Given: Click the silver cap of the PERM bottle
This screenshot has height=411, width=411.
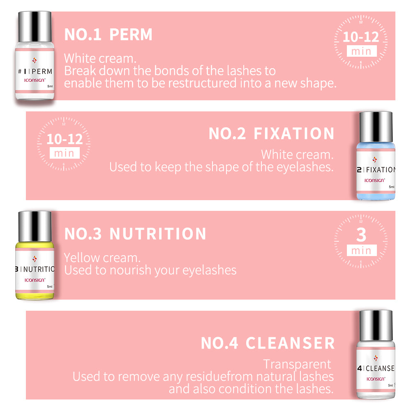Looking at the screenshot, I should pyautogui.click(x=35, y=25).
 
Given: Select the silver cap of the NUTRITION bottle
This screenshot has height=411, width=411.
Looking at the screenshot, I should pyautogui.click(x=35, y=225).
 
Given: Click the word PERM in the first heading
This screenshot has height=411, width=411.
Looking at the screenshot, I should pyautogui.click(x=131, y=35).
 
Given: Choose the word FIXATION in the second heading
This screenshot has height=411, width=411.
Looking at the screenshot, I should pyautogui.click(x=294, y=134).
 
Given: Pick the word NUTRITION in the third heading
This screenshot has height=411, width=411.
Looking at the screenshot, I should pyautogui.click(x=158, y=234).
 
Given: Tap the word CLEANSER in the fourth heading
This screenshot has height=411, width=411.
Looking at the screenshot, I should pyautogui.click(x=290, y=343).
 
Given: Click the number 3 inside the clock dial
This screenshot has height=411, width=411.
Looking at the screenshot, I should pyautogui.click(x=361, y=235).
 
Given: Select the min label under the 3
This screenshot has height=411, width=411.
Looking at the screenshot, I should pyautogui.click(x=361, y=250).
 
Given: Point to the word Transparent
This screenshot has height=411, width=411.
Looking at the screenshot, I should pyautogui.click(x=297, y=364).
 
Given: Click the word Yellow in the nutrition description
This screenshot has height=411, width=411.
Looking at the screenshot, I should pyautogui.click(x=82, y=258).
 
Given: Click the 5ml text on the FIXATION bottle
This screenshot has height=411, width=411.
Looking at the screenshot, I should pyautogui.click(x=391, y=187).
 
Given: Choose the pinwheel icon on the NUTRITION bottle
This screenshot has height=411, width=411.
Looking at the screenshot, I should pyautogui.click(x=34, y=259).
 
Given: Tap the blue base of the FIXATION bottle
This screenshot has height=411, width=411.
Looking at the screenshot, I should pyautogui.click(x=376, y=196).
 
